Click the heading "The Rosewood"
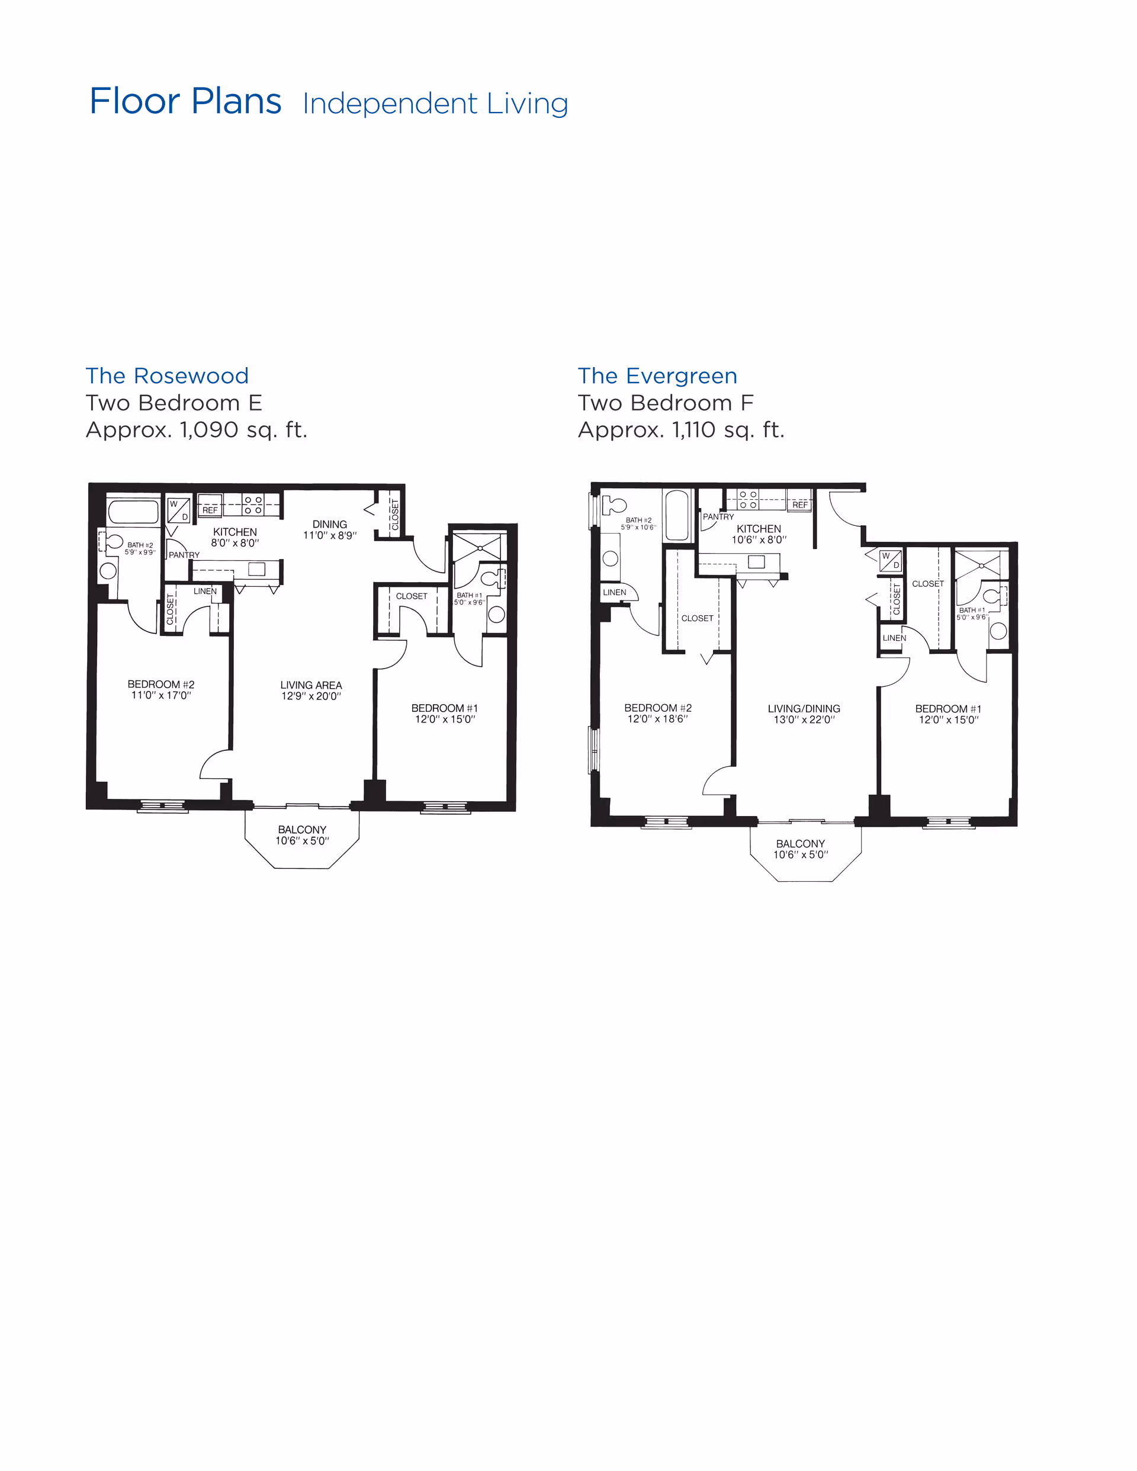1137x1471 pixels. point(167,375)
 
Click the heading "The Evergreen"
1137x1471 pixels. point(657,375)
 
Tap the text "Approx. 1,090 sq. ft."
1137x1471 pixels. point(197,430)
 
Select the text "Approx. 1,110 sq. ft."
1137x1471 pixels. point(681,430)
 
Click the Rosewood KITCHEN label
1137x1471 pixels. point(235,532)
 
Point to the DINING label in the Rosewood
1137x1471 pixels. point(330,524)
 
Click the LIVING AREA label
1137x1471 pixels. point(311,685)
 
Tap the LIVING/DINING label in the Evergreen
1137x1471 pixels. point(804,709)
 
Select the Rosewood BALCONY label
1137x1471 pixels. point(303,830)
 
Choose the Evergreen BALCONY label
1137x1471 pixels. point(800,843)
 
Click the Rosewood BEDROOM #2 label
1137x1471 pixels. point(161,685)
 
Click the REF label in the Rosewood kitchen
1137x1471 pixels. point(210,510)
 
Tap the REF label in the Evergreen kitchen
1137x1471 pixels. point(800,505)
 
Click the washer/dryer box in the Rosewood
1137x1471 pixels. point(178,510)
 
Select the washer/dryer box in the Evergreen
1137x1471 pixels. point(891,560)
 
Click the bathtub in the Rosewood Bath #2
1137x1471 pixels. point(133,512)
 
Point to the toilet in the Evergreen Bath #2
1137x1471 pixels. point(613,505)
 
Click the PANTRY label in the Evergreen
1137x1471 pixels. point(718,516)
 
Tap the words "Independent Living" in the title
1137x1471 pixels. point(435,104)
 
